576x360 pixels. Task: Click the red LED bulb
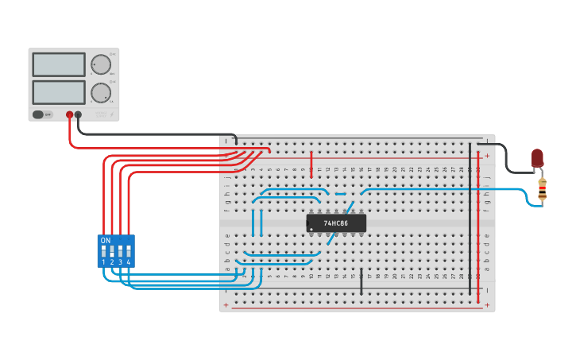(x=538, y=157)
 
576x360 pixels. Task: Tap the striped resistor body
(x=543, y=189)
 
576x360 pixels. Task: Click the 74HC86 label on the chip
(x=335, y=223)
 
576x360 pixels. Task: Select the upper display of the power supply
(x=59, y=64)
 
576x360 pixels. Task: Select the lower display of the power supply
(x=59, y=92)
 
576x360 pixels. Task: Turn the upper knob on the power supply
(x=101, y=64)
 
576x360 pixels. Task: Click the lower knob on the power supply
(x=101, y=93)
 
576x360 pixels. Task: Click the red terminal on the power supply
(x=70, y=115)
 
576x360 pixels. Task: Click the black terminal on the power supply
(x=78, y=115)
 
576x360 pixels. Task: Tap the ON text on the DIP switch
(x=106, y=240)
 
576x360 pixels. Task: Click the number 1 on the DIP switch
(x=103, y=261)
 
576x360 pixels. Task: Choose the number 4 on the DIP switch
(x=129, y=261)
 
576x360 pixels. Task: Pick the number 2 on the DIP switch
(x=112, y=261)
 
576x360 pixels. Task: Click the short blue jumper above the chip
(x=340, y=194)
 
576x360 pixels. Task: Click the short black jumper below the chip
(x=361, y=281)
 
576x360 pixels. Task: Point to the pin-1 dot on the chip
(x=311, y=230)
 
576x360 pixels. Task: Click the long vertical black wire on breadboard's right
(x=470, y=215)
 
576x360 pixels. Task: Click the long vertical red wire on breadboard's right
(x=478, y=215)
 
